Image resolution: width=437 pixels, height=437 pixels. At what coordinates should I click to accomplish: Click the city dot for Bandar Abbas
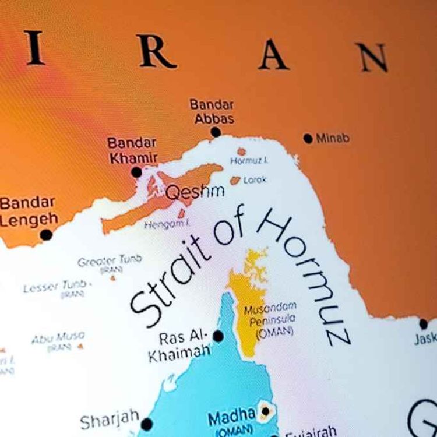(x=216, y=132)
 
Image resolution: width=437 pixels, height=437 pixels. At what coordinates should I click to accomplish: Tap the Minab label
(x=333, y=138)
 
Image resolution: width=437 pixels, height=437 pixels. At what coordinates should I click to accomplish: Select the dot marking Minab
(x=308, y=138)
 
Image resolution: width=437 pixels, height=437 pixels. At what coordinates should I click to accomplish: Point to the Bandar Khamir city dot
(x=136, y=172)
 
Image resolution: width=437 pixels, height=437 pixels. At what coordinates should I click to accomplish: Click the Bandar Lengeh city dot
(x=46, y=235)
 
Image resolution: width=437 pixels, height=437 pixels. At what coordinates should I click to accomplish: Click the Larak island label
(x=255, y=180)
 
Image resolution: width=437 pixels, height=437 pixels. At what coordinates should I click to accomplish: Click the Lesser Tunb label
(x=57, y=286)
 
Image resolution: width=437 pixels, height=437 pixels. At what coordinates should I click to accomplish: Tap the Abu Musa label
(x=58, y=337)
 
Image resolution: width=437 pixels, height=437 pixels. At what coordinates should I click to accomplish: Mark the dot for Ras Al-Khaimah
(x=218, y=336)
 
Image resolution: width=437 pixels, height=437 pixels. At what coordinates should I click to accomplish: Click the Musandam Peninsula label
(x=270, y=318)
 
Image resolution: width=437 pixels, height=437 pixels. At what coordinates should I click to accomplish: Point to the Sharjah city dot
(x=147, y=424)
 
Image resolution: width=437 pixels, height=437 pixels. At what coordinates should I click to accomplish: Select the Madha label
(x=231, y=416)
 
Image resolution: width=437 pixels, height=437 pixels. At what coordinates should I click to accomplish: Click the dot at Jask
(x=424, y=324)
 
